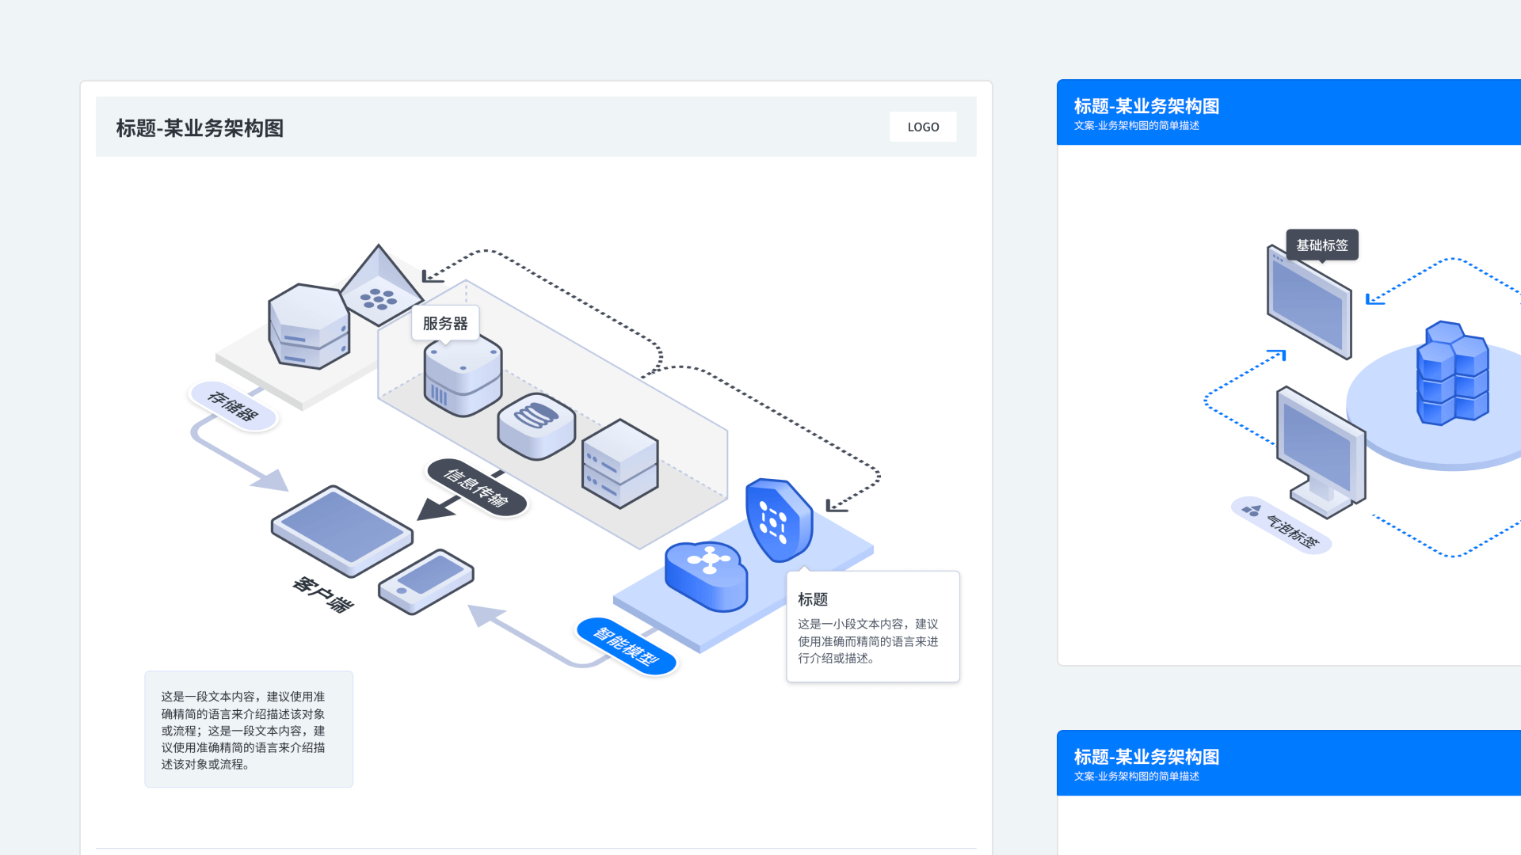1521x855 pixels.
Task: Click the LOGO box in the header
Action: coord(923,127)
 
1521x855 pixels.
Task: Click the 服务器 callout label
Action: coord(445,323)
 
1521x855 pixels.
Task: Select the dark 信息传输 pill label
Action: coord(476,487)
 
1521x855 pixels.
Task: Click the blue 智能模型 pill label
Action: coord(627,646)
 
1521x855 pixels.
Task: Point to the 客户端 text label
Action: coord(323,595)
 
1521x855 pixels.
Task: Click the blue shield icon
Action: coord(779,519)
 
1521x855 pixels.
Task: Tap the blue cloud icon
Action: coord(706,576)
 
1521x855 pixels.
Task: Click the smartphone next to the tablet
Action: coord(426,582)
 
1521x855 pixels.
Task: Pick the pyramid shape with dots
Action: coord(380,286)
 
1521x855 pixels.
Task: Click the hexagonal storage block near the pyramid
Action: coord(309,326)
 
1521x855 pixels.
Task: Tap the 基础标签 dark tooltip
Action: coord(1322,245)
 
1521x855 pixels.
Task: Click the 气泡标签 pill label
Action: coord(1281,526)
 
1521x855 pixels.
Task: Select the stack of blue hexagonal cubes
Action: coord(1452,373)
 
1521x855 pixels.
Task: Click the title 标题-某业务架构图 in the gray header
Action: coord(200,128)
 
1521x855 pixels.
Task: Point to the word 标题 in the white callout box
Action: coord(813,599)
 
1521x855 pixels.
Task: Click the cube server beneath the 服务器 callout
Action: coord(463,375)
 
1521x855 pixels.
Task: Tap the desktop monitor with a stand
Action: coord(1321,451)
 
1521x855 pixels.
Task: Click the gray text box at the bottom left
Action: coord(249,729)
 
